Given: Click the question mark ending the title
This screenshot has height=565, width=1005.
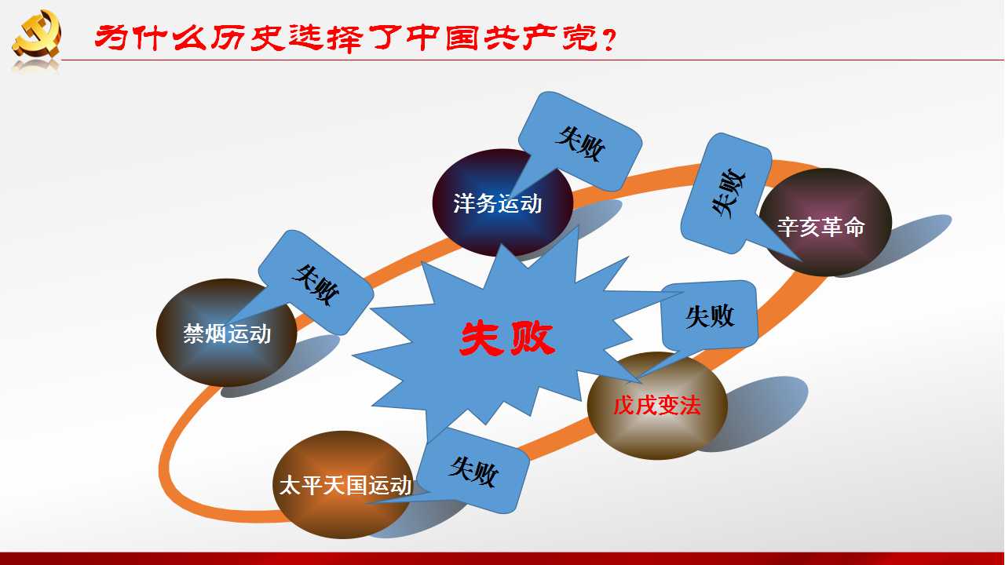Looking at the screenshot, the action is click(608, 39).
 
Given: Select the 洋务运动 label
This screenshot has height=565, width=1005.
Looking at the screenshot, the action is click(498, 203).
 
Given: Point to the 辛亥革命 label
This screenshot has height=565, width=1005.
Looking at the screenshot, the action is click(821, 227).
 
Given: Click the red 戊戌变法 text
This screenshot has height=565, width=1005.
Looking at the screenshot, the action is click(657, 406).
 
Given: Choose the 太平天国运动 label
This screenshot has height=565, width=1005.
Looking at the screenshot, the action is click(345, 485).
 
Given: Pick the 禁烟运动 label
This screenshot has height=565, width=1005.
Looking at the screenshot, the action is click(227, 334).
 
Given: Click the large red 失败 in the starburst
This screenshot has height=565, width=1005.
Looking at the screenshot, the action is click(507, 338).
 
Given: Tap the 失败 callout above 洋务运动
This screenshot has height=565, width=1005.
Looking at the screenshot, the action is click(581, 144).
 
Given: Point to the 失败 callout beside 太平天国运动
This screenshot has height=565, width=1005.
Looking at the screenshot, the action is click(473, 471).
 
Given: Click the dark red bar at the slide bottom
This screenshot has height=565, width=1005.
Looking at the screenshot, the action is click(502, 559).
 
